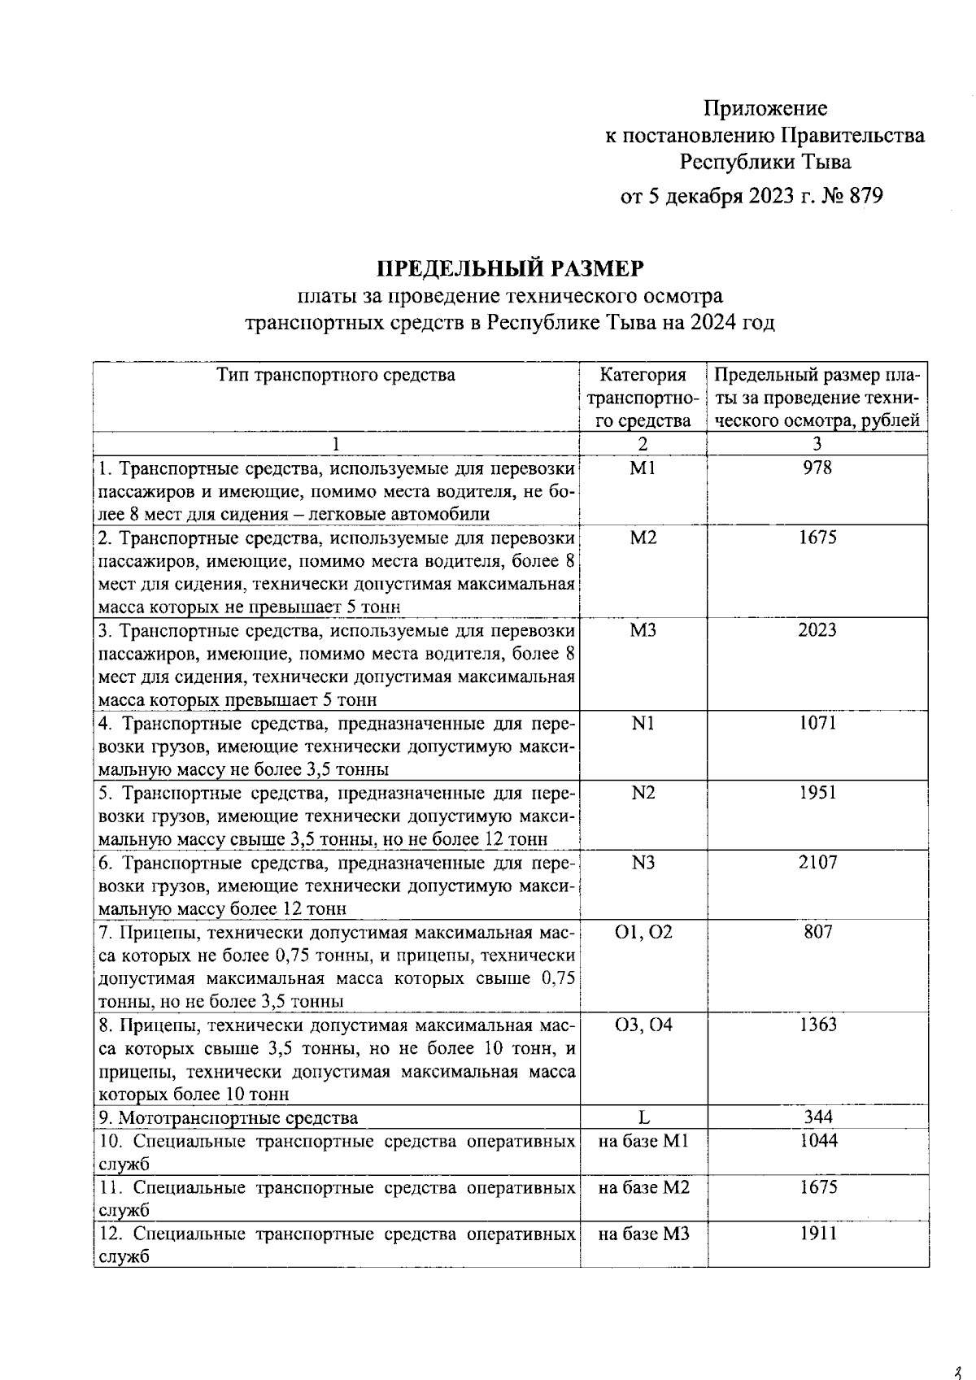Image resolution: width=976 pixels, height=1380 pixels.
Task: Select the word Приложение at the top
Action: pos(765,108)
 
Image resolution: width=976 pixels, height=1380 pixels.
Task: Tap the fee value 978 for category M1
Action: pos(817,468)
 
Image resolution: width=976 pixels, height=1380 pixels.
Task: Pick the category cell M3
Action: pos(643,630)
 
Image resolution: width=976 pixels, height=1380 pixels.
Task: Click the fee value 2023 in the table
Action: pos(817,630)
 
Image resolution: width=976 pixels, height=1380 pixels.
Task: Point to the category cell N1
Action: pos(643,723)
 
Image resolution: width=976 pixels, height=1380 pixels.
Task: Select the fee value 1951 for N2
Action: pos(817,793)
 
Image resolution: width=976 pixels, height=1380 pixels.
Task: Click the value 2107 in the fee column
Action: pos(817,862)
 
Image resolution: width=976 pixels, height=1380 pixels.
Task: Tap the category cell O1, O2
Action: pos(643,932)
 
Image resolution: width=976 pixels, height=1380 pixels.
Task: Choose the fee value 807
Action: pos(817,932)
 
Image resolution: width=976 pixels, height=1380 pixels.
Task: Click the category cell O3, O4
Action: pos(643,1025)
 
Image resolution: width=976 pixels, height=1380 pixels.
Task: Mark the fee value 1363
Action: pos(817,1025)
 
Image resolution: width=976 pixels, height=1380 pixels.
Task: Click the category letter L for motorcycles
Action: pos(643,1117)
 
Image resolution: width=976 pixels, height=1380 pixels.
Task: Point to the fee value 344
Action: pos(817,1117)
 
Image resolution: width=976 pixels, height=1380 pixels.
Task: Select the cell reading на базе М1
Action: pos(643,1141)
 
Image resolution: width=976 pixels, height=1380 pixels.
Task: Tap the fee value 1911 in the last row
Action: pos(817,1234)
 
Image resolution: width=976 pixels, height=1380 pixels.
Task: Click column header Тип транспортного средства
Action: pos(336,375)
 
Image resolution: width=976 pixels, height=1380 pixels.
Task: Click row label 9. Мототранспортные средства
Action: pos(228,1118)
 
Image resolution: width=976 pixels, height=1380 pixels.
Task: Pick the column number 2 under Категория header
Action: pos(643,444)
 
